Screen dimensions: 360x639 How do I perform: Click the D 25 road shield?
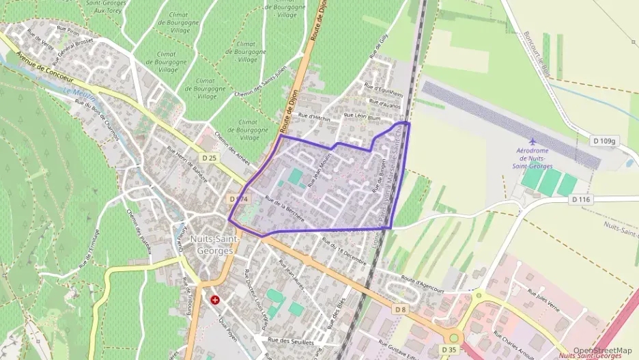(209, 158)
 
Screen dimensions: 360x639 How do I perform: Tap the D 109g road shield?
(604, 141)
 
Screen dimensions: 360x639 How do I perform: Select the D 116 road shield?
(580, 199)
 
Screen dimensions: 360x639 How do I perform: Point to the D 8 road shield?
(400, 309)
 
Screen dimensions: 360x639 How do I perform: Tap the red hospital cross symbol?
(215, 299)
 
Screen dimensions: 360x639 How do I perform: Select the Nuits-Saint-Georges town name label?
(211, 245)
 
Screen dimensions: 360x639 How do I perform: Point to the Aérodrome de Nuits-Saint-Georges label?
(533, 157)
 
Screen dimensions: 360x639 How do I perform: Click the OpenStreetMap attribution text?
(602, 350)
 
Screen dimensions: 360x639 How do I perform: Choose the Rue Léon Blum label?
(362, 117)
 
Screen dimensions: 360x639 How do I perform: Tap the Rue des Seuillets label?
(290, 341)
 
